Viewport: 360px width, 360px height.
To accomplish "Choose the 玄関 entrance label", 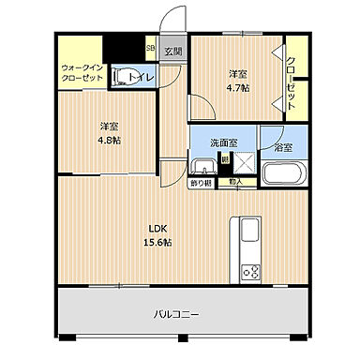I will click(x=173, y=52).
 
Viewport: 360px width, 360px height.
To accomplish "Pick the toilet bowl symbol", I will click(x=122, y=77).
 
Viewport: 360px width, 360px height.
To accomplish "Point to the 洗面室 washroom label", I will click(x=223, y=142).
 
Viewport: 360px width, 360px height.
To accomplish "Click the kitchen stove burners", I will click(x=250, y=273).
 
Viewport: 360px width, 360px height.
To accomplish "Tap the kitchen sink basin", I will click(x=250, y=232).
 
